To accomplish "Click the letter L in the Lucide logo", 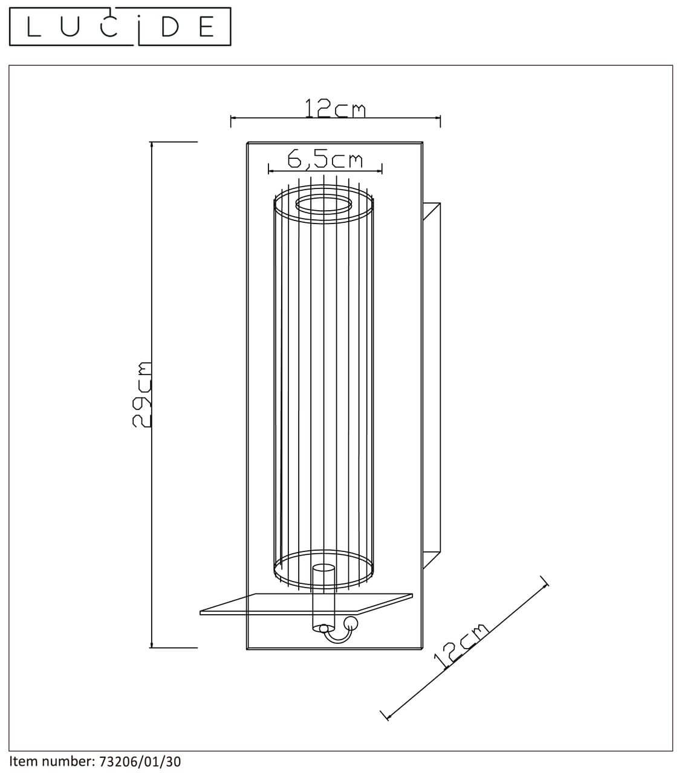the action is [x=34, y=27].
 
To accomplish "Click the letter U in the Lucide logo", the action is [x=70, y=27].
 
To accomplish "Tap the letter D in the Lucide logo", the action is [x=170, y=27].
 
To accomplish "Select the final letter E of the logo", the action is [x=207, y=27].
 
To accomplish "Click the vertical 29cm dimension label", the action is [x=141, y=394].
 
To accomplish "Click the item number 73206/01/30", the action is [x=140, y=762].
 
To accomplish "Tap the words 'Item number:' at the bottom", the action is [x=52, y=762].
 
